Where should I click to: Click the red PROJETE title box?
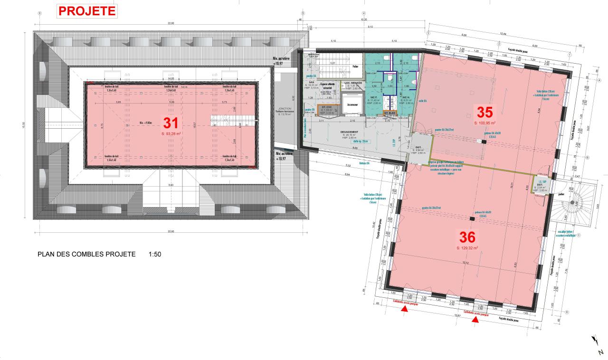87,11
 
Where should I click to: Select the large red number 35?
484,112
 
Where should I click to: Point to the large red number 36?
467,237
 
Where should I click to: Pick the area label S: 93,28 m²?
171,134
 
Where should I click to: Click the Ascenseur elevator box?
352,104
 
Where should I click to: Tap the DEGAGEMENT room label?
349,132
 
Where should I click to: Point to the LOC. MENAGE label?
353,83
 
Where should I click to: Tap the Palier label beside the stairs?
355,67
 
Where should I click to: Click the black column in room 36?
471,218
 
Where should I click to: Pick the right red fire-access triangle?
475,321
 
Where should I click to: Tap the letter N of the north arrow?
601,352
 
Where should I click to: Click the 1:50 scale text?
155,254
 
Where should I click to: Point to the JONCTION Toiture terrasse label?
286,112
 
